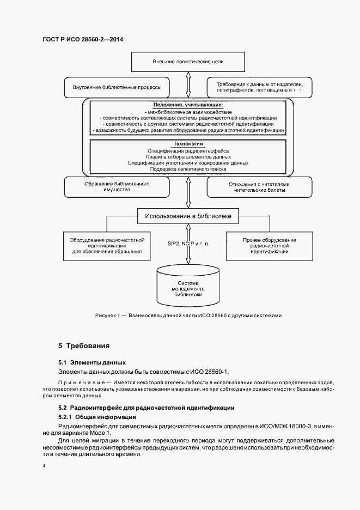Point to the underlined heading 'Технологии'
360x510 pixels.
click(188, 143)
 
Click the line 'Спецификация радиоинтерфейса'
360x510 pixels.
click(188, 150)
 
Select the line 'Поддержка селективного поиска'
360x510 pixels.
click(188, 169)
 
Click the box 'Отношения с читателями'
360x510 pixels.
click(260, 187)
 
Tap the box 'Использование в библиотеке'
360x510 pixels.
click(188, 216)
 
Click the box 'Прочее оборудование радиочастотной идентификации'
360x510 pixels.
click(270, 245)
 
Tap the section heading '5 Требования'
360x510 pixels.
click(84, 345)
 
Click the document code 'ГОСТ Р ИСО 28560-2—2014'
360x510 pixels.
click(82, 39)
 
